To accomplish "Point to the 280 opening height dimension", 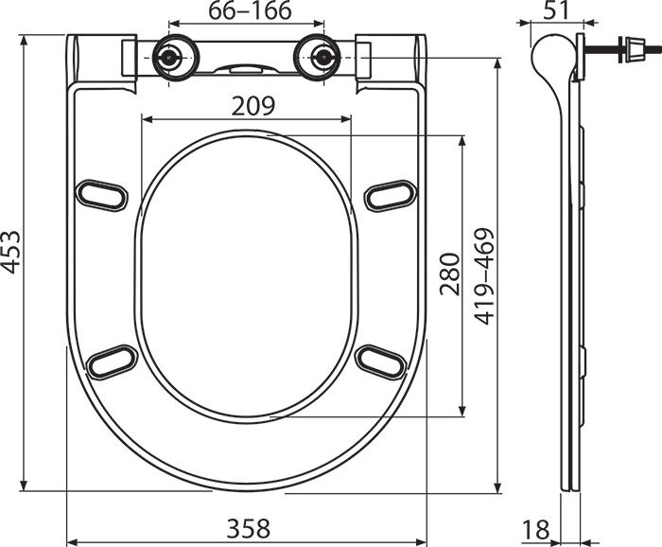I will point(448,274).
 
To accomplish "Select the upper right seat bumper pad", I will point(390,194).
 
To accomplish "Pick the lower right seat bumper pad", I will point(381,361).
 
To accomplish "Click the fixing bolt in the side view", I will point(624,46).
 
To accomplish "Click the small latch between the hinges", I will point(245,67).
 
